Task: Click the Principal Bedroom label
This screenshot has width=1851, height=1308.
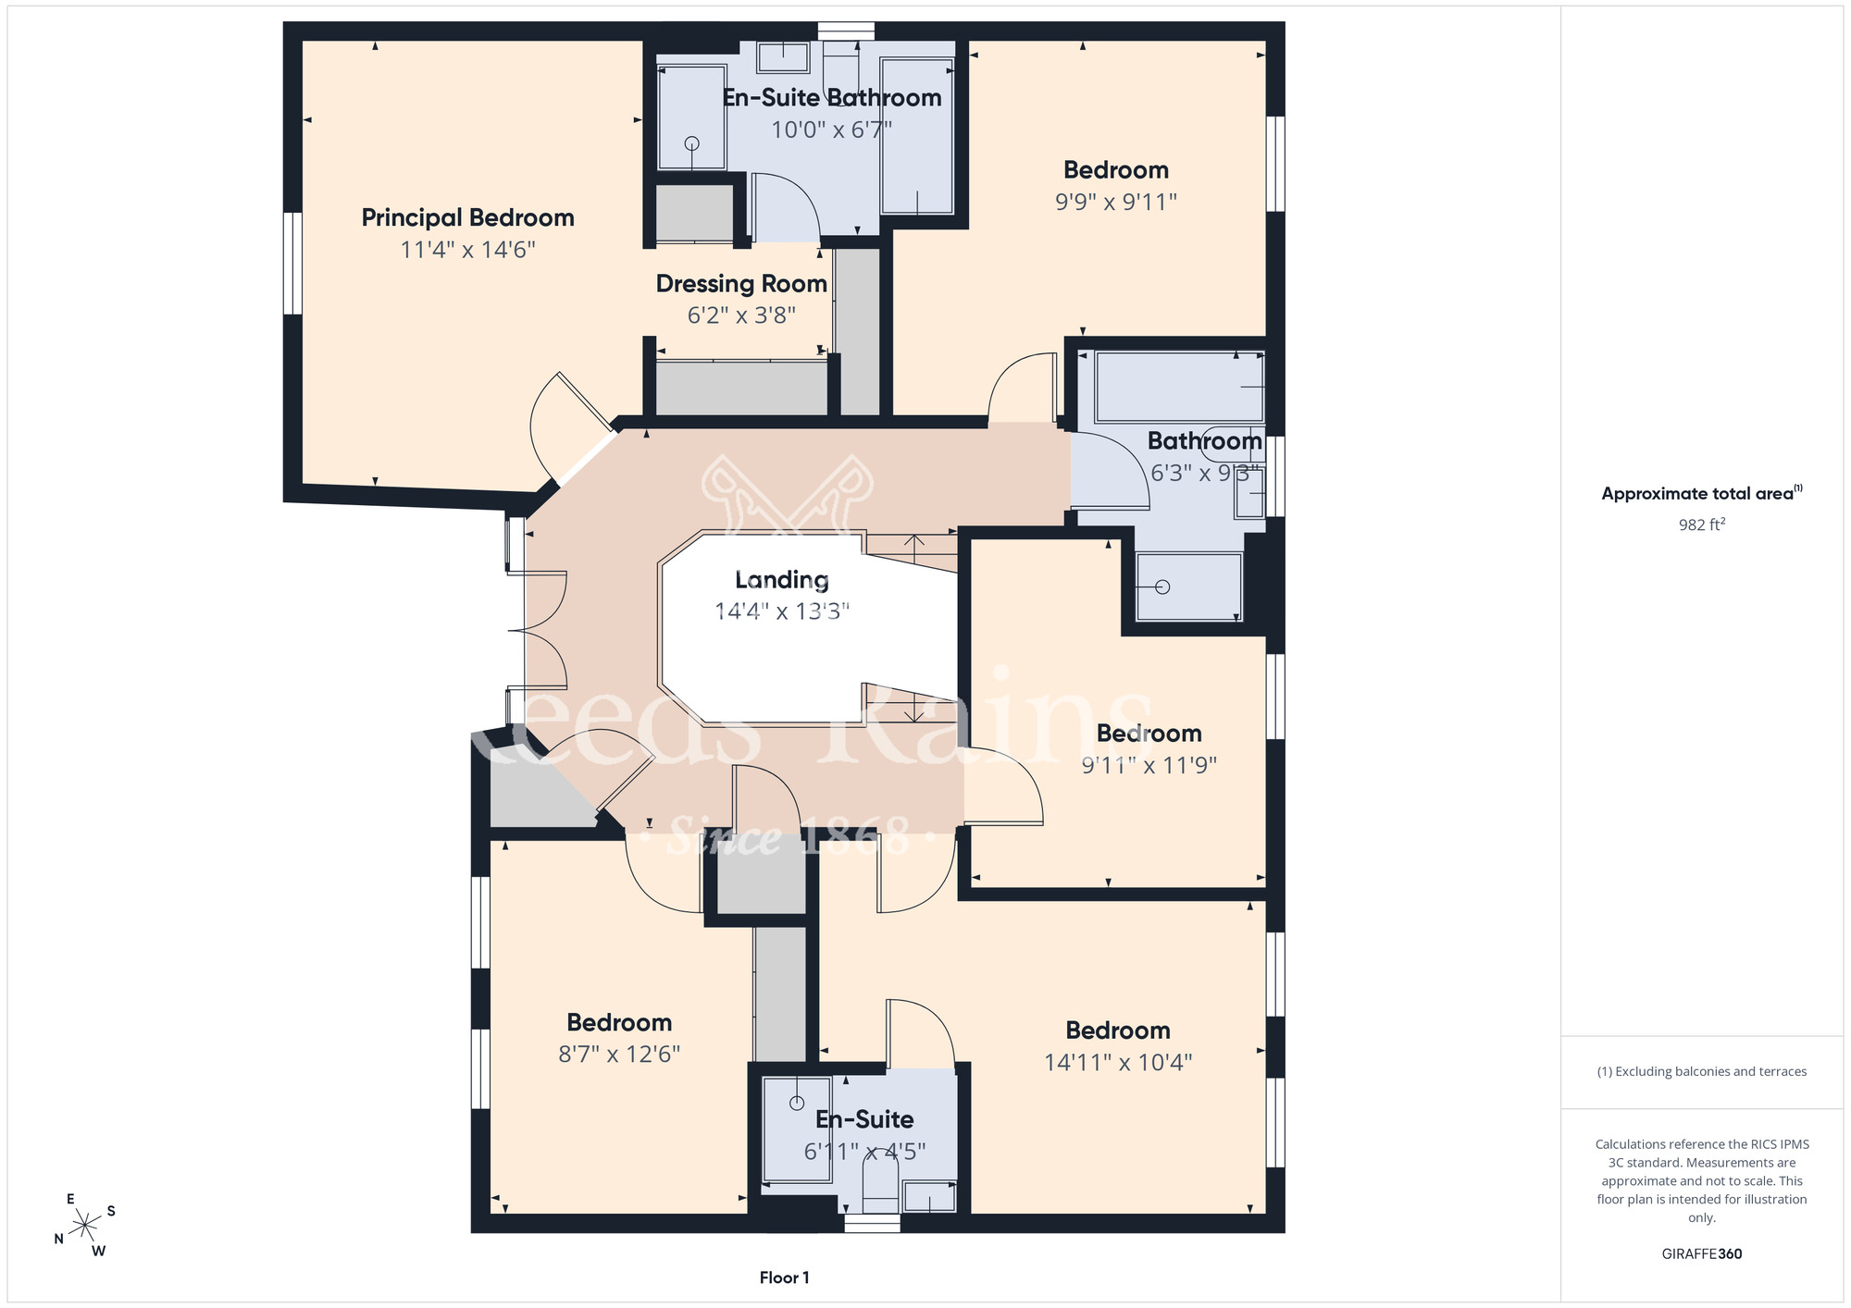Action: (x=467, y=218)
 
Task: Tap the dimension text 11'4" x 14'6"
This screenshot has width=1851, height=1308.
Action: (x=467, y=250)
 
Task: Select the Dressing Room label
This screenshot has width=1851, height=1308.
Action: (x=741, y=284)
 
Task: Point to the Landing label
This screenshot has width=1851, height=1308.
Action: (x=782, y=580)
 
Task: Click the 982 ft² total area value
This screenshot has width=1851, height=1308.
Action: (x=1702, y=524)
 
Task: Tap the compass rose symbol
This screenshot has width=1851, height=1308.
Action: (x=85, y=1226)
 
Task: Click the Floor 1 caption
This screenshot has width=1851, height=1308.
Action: (x=784, y=1277)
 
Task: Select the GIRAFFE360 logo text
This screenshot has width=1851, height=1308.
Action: (x=1702, y=1254)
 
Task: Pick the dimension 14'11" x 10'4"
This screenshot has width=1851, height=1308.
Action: (x=1118, y=1063)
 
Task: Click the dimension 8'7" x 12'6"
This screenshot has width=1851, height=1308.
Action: (x=619, y=1055)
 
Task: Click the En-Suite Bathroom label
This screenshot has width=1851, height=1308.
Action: (x=832, y=98)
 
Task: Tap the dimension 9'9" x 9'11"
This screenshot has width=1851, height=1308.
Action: (x=1116, y=202)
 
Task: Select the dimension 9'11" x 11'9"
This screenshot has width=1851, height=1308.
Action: (x=1149, y=765)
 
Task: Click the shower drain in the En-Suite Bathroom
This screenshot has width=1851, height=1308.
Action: (x=691, y=143)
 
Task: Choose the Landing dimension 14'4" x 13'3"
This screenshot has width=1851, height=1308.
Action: (x=782, y=611)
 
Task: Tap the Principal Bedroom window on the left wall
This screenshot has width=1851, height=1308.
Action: (x=292, y=263)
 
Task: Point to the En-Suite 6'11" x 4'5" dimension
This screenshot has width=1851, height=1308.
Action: (x=864, y=1152)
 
